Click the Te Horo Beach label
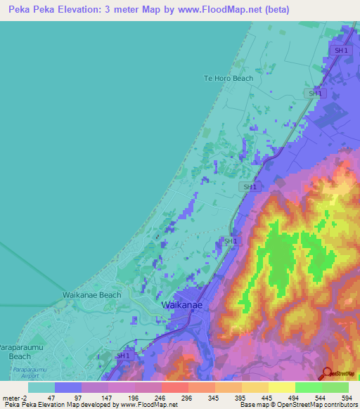(228, 78)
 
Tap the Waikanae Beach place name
(92, 295)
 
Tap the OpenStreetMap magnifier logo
(328, 374)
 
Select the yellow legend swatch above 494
(281, 387)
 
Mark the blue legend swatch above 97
(67, 387)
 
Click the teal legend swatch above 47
(41, 387)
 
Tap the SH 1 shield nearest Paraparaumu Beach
(123, 356)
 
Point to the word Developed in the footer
(89, 405)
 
